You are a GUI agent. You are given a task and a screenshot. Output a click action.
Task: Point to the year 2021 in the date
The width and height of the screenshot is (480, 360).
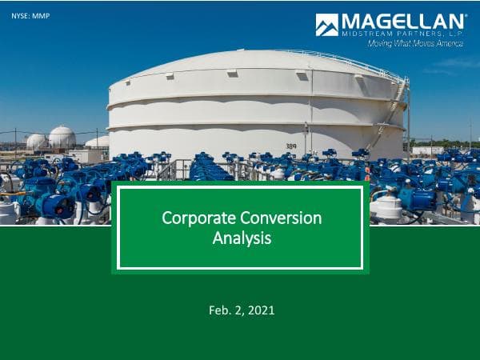tap(261, 310)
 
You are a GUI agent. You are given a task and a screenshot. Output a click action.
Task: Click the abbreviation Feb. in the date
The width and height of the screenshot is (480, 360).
tap(210, 310)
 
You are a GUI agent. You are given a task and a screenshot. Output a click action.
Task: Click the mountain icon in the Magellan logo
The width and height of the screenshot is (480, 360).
tap(326, 25)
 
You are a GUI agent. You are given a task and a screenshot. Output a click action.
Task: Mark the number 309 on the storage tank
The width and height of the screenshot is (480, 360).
tap(290, 146)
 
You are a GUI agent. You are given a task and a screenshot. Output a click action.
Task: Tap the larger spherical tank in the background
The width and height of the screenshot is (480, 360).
tap(62, 138)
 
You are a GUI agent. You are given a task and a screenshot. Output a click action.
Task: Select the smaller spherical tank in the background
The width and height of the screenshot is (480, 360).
tap(36, 142)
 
